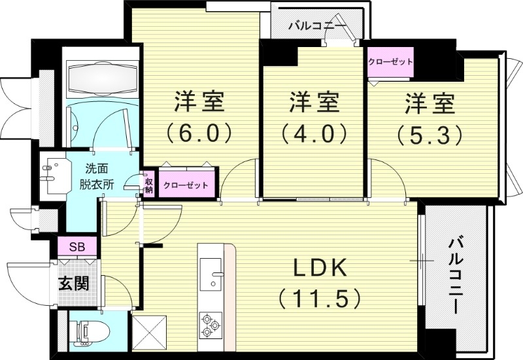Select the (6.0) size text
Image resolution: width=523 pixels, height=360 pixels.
(x=199, y=133)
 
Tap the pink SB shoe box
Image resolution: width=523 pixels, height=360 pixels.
(x=77, y=247)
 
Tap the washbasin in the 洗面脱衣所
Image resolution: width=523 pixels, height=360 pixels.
(x=50, y=173)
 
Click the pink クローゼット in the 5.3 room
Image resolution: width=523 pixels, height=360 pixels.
(x=390, y=62)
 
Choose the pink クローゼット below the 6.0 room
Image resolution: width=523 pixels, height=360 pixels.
(x=186, y=186)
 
